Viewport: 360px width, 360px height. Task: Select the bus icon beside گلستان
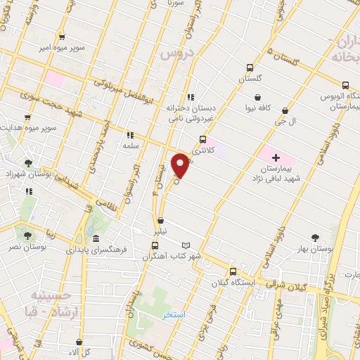[250, 68]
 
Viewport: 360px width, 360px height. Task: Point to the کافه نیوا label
[257, 109]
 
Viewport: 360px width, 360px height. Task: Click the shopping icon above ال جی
[285, 110]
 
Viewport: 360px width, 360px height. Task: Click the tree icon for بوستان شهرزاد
[27, 162]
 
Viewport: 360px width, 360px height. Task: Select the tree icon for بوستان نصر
[27, 236]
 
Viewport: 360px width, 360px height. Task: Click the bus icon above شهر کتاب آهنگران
[155, 245]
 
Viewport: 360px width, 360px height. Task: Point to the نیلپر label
[161, 231]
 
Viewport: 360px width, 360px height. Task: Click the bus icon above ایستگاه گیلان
[233, 272]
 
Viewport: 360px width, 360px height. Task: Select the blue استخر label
[173, 314]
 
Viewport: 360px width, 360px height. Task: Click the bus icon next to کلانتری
[202, 139]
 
